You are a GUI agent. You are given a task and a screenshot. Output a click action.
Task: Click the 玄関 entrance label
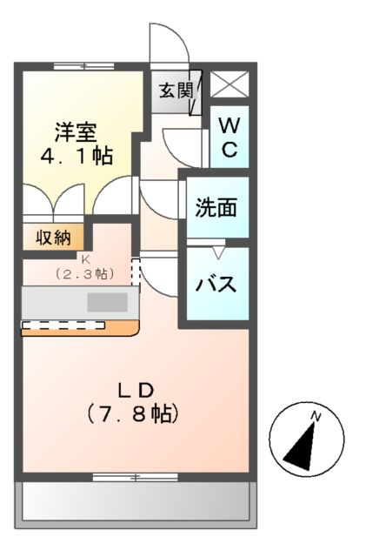click(x=176, y=91)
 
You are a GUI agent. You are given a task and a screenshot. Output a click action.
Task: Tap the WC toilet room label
click(x=230, y=138)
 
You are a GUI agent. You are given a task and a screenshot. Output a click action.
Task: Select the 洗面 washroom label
click(x=216, y=207)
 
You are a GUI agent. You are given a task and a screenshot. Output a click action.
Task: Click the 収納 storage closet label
click(x=53, y=238)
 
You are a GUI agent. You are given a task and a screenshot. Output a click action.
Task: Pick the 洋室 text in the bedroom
click(x=76, y=132)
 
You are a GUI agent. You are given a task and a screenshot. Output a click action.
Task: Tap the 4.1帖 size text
click(x=77, y=156)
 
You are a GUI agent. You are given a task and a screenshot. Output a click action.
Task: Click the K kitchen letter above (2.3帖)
click(x=85, y=259)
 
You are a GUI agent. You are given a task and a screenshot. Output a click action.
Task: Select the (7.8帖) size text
click(x=132, y=413)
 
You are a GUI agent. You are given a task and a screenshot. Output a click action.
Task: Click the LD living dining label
click(x=136, y=391)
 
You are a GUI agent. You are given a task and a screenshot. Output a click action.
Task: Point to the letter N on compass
click(x=316, y=416)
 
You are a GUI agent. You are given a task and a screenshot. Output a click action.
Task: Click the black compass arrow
click(x=302, y=447)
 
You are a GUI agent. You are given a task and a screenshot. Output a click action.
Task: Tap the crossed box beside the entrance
click(x=230, y=84)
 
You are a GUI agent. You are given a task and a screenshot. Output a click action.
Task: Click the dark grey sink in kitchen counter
click(x=108, y=302)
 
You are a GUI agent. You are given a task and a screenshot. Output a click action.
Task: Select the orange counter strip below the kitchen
click(x=80, y=329)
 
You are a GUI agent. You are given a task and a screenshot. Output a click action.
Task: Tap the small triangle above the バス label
click(x=219, y=253)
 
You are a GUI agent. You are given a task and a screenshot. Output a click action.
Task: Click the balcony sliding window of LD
click(x=135, y=477)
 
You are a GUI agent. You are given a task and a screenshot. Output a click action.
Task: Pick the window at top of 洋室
click(x=84, y=66)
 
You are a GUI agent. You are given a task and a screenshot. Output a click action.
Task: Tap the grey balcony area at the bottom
click(x=136, y=505)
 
